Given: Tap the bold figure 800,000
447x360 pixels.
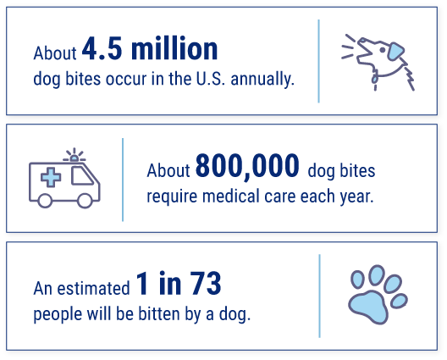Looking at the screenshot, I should [x=246, y=168].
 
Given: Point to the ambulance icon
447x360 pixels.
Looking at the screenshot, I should [x=64, y=180].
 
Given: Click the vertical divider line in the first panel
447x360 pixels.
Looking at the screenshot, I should [x=318, y=59].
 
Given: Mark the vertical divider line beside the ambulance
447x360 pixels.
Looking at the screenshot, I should [x=124, y=180].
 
